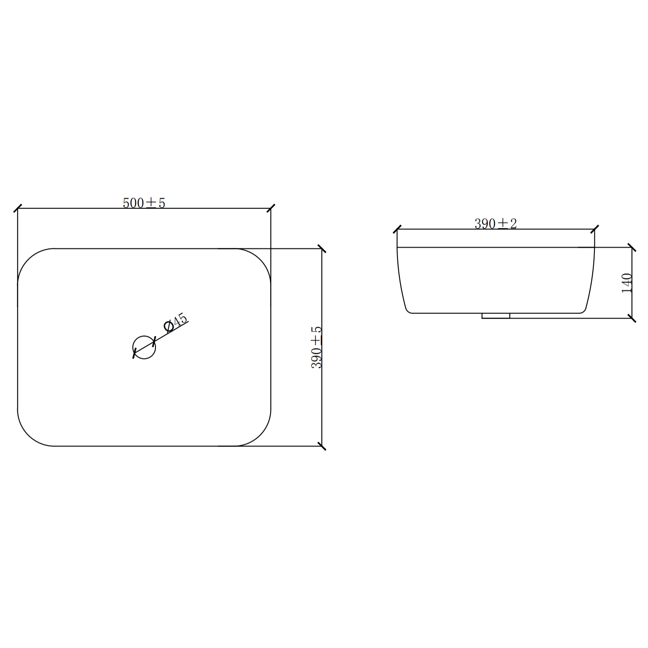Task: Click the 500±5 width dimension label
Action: click(x=144, y=203)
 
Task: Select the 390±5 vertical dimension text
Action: click(x=317, y=347)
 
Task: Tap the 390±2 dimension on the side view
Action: click(x=496, y=223)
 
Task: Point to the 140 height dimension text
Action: click(x=627, y=283)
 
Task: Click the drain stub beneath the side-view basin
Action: click(x=496, y=316)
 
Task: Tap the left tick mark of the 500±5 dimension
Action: click(x=18, y=208)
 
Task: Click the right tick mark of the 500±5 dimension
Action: click(x=271, y=208)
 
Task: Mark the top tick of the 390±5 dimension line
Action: click(x=322, y=248)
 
